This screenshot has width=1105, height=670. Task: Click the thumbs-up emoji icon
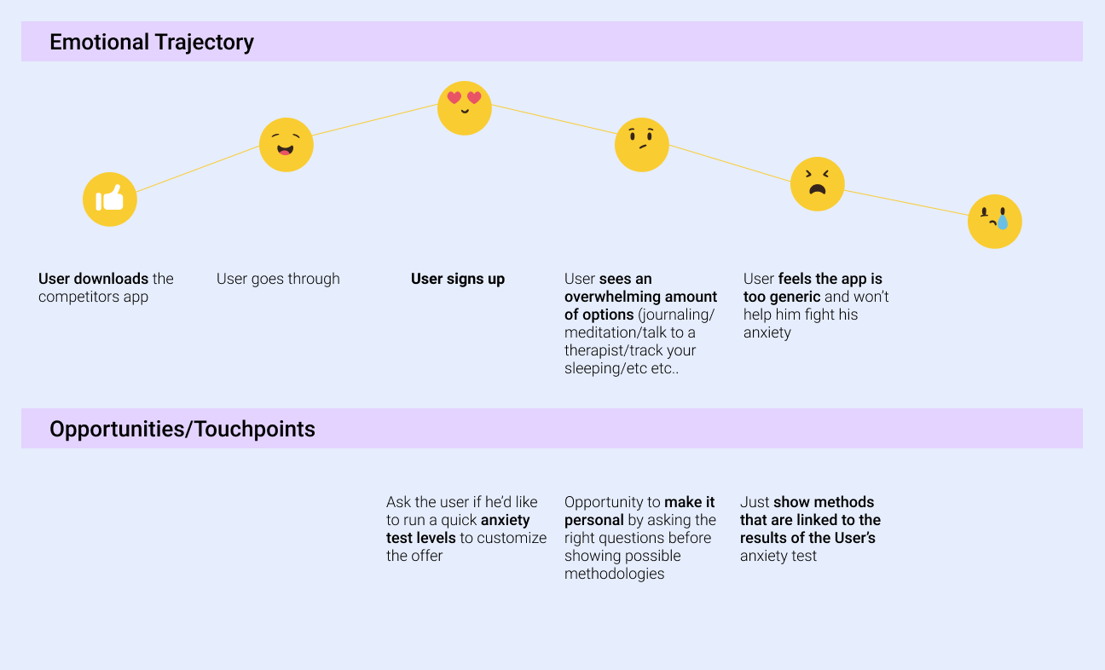pyautogui.click(x=110, y=199)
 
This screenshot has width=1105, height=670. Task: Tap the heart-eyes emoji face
pyautogui.click(x=465, y=108)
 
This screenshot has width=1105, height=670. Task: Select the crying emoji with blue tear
pyautogui.click(x=994, y=222)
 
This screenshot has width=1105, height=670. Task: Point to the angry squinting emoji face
pyautogui.click(x=817, y=184)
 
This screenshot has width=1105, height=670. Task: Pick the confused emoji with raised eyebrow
pyautogui.click(x=641, y=145)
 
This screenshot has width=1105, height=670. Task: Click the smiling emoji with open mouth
pyautogui.click(x=286, y=145)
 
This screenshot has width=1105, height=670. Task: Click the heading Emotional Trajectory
pyautogui.click(x=152, y=42)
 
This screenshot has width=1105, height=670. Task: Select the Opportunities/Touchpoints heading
pyautogui.click(x=182, y=429)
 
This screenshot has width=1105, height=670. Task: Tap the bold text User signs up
pyautogui.click(x=458, y=279)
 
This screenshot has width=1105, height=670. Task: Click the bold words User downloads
pyautogui.click(x=94, y=279)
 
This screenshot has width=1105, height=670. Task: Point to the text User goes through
pyautogui.click(x=278, y=279)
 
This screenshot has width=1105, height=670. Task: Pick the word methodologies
pyautogui.click(x=614, y=574)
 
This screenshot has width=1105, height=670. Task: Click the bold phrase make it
pyautogui.click(x=690, y=502)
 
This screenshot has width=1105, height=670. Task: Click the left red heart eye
pyautogui.click(x=454, y=98)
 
